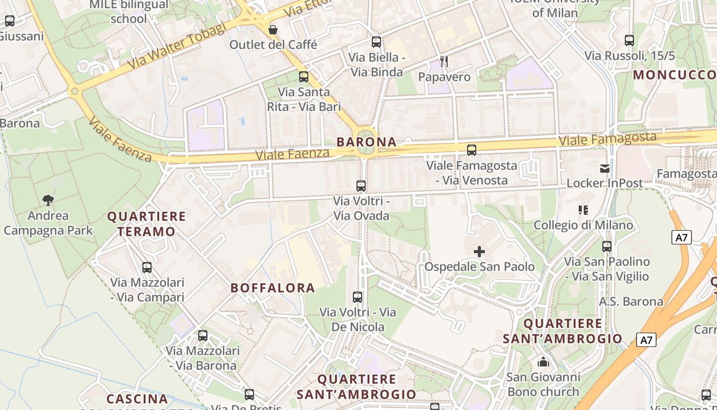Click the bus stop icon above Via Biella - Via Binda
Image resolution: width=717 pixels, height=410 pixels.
click(376, 42)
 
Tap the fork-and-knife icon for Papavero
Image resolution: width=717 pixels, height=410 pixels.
click(444, 61)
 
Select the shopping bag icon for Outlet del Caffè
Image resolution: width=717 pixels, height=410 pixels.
click(273, 30)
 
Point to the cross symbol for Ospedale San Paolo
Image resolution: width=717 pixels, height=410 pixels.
click(479, 252)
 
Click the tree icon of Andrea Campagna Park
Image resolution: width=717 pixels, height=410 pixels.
click(48, 200)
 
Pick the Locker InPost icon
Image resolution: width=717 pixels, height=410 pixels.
click(605, 168)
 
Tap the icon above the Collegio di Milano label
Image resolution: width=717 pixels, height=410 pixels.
click(583, 210)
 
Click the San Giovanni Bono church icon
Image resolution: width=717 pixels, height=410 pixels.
click(543, 362)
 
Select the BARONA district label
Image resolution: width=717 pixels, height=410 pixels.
click(367, 142)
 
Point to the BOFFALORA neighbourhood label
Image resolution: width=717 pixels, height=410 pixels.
click(272, 288)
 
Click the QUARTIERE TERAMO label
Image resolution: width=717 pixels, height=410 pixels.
click(146, 224)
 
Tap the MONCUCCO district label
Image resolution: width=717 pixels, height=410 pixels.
click(674, 75)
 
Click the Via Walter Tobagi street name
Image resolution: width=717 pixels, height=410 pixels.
click(176, 47)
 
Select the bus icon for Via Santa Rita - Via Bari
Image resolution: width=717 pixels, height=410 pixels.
click(304, 77)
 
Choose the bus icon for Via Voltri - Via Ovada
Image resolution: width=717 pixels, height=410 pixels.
click(361, 186)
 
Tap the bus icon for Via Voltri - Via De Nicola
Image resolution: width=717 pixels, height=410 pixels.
click(357, 297)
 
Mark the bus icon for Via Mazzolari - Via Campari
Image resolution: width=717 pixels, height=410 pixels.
click(147, 267)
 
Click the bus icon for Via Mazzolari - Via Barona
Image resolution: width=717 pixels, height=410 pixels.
click(203, 336)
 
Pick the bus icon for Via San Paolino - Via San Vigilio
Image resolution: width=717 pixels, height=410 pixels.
click(607, 247)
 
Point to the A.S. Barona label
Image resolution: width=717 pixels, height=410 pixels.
click(631, 301)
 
